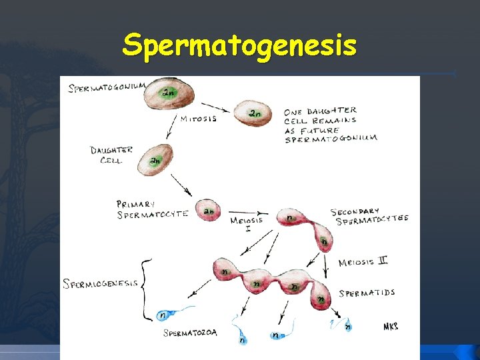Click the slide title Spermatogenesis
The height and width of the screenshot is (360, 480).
(239, 45)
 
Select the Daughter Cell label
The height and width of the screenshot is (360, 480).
(111, 155)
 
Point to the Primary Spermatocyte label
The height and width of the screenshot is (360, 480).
(152, 209)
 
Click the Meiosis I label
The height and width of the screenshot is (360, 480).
(246, 223)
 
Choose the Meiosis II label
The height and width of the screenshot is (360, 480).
(363, 262)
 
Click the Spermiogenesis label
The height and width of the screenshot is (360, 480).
(101, 283)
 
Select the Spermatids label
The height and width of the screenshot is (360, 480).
(367, 293)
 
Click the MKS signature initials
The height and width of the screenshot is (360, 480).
(391, 327)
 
